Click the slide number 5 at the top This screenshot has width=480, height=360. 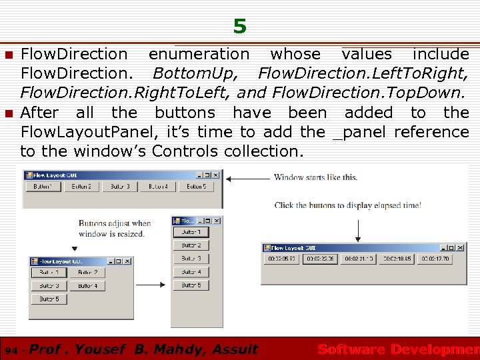pos(240,27)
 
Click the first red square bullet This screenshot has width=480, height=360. pos(9,54)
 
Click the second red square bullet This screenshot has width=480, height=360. pos(9,113)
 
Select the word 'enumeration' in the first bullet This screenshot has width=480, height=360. pos(199,54)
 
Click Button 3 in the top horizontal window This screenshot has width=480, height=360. pos(120,187)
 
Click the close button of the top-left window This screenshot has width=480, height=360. pos(216,175)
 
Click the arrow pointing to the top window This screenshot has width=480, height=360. pos(247,178)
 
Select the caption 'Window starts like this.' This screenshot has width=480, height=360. pos(315,177)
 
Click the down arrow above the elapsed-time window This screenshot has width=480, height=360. pos(359,230)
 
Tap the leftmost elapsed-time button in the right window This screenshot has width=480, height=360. pos(281,259)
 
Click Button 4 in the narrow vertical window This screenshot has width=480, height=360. pos(191,272)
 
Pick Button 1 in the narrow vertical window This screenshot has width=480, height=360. pos(191,232)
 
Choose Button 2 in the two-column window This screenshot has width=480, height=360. pos(87,272)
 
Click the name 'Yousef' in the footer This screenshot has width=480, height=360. pos(102,349)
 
